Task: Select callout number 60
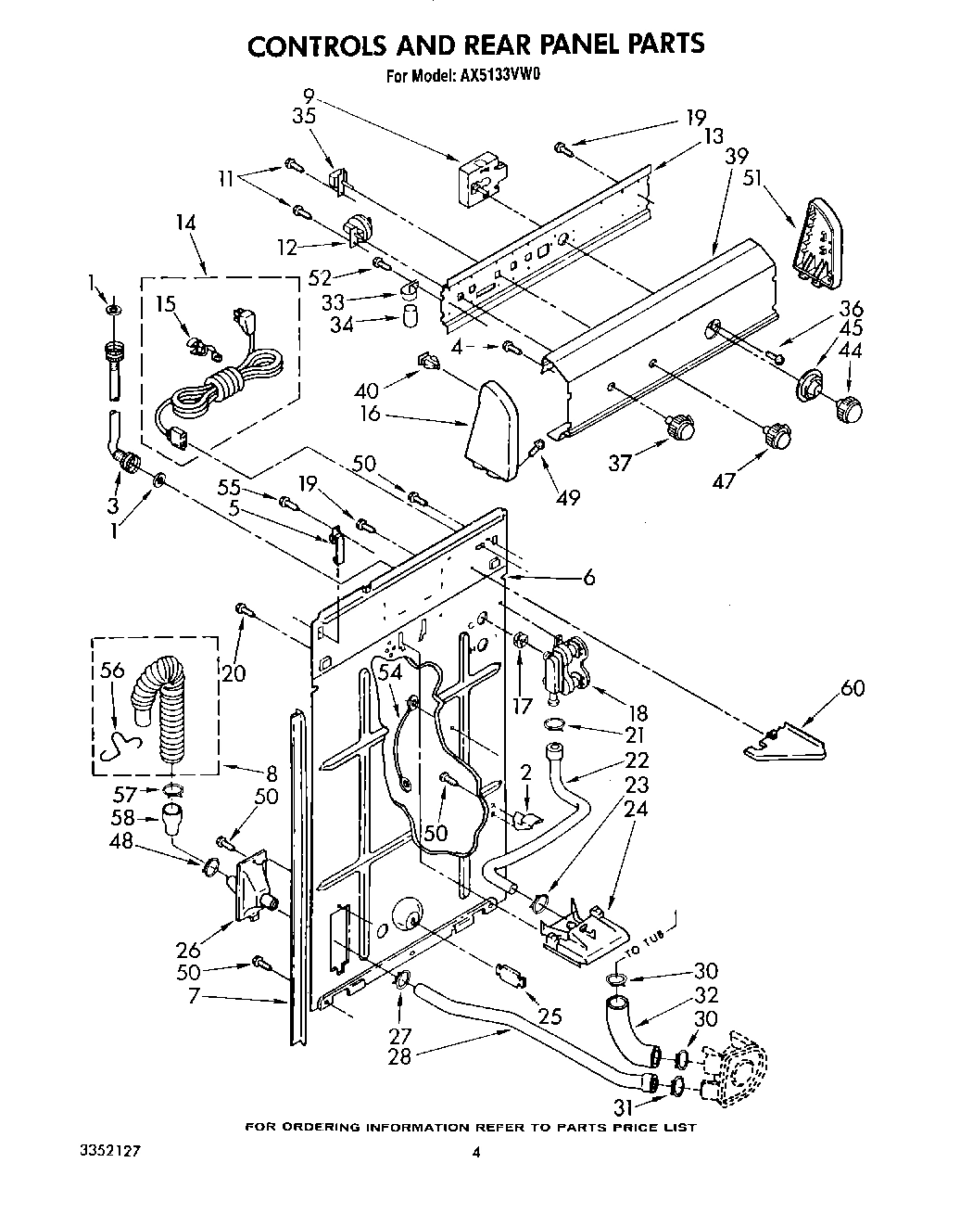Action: (853, 687)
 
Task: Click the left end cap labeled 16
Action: (491, 422)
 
